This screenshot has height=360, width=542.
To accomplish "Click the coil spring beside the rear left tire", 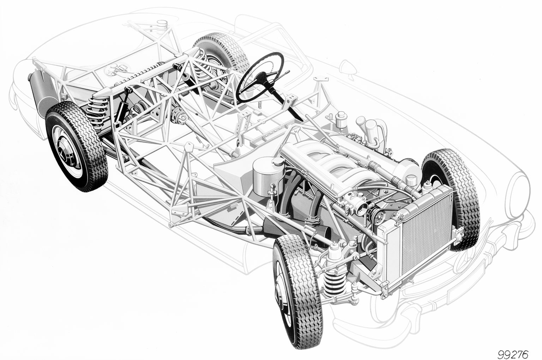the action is coord(98,110).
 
